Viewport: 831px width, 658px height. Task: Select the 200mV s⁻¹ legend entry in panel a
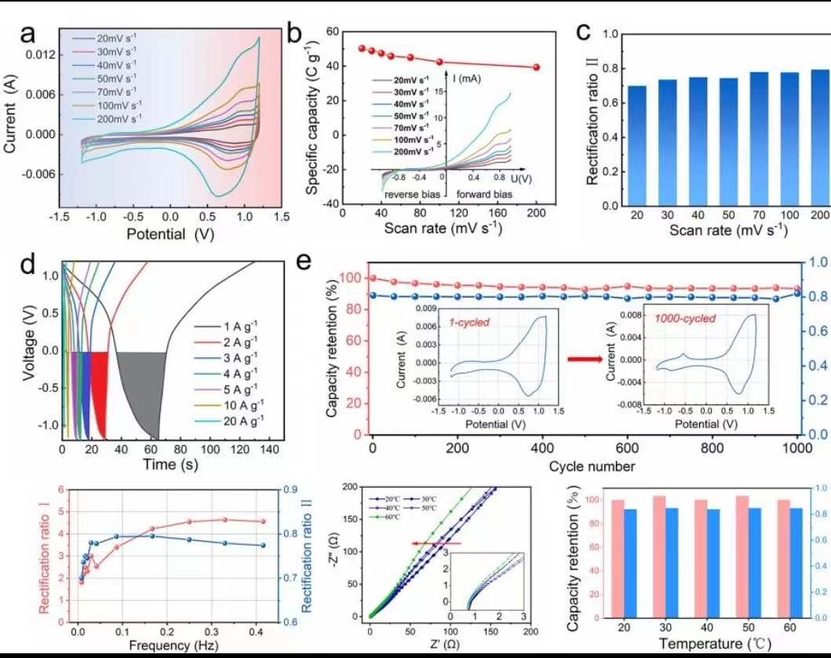pyautogui.click(x=118, y=119)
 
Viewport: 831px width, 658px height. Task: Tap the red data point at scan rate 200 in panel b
pyautogui.click(x=536, y=68)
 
